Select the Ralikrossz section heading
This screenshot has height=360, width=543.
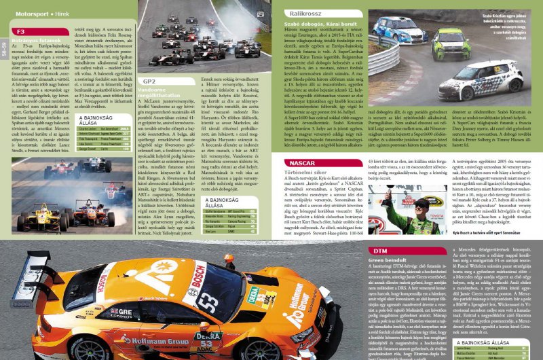[303, 12]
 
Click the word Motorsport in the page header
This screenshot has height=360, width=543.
[33, 12]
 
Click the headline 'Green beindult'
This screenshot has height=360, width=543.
[387, 260]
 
